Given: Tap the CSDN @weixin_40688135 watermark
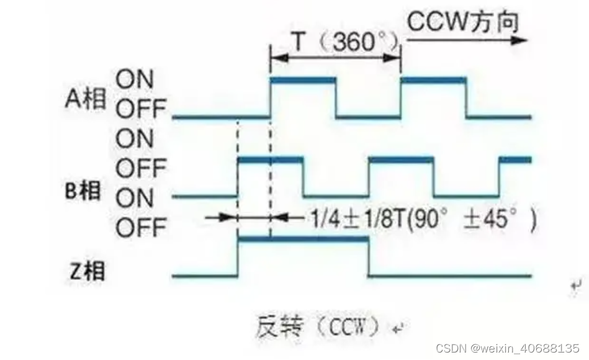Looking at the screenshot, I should coord(508,348).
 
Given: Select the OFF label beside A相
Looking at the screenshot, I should coord(142,110).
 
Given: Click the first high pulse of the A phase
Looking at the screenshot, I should coord(303,81).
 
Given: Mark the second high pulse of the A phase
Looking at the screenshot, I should coord(434,81).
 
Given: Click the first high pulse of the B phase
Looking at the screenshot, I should coord(270,160).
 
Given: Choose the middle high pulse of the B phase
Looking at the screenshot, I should coord(401,160).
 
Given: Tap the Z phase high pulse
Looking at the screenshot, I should coord(303,239).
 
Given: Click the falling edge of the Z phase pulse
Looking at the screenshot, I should coord(369,257).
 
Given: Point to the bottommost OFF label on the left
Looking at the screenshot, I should coord(142,228).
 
